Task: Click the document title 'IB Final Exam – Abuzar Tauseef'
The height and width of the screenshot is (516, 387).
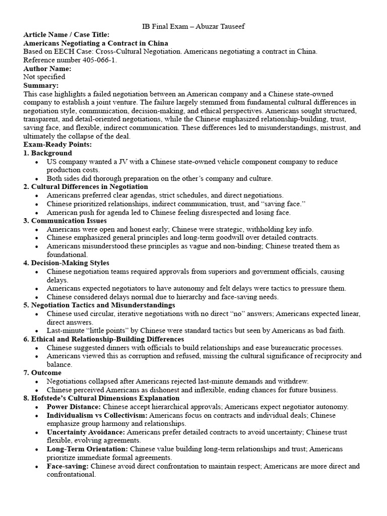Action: tap(193, 26)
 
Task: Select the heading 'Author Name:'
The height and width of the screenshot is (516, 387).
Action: tap(47, 69)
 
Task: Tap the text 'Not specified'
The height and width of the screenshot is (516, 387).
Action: tap(44, 77)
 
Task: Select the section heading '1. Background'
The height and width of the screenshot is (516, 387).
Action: tap(48, 153)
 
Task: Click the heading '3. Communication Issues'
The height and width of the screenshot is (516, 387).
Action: tap(65, 221)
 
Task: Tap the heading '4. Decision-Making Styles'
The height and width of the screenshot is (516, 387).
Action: tap(67, 263)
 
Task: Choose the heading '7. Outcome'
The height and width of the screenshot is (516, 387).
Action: tap(42, 373)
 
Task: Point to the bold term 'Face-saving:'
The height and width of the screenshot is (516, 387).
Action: tap(68, 466)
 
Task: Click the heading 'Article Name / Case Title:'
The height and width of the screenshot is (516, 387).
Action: tap(66, 34)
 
